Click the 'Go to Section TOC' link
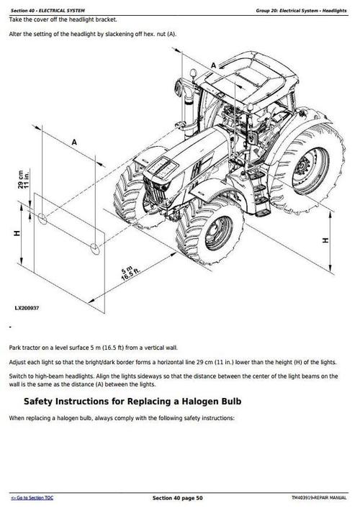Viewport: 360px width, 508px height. [32, 498]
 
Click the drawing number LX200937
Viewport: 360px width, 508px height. [27, 308]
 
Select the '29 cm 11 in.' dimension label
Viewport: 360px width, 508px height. [24, 179]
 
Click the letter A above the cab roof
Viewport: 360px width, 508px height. [213, 65]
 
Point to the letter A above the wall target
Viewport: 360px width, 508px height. [74, 142]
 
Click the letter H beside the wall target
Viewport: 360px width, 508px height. [17, 233]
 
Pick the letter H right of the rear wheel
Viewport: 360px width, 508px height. [325, 240]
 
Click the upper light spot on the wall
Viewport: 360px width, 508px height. [42, 219]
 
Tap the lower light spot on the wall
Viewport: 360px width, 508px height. [95, 249]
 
